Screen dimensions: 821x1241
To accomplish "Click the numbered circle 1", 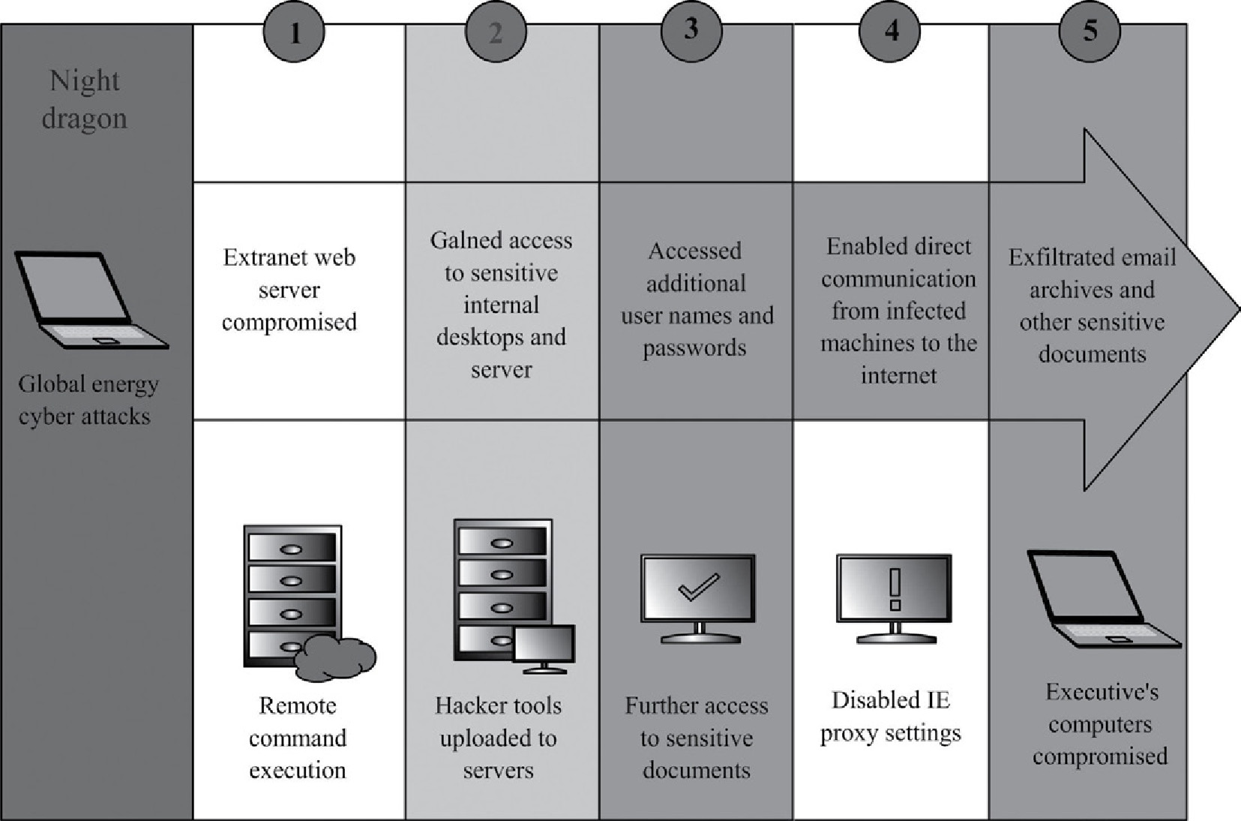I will (x=294, y=32).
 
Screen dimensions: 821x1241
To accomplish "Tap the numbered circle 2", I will (x=496, y=32).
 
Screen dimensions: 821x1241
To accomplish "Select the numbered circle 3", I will (x=691, y=30).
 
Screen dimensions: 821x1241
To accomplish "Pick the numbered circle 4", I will (x=891, y=31).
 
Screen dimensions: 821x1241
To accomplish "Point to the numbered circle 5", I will (x=1090, y=31).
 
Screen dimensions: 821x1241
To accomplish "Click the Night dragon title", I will (x=84, y=99).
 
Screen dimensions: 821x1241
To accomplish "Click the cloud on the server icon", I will (x=334, y=658).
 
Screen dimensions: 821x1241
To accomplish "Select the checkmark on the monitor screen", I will (x=698, y=588).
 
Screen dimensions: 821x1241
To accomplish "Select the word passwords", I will (x=694, y=348).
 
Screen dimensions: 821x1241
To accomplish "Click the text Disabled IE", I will (x=891, y=700).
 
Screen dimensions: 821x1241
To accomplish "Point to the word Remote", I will (x=297, y=705).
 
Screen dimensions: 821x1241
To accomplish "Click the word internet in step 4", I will (x=898, y=375).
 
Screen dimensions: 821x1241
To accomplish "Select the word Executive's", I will (x=1102, y=692).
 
